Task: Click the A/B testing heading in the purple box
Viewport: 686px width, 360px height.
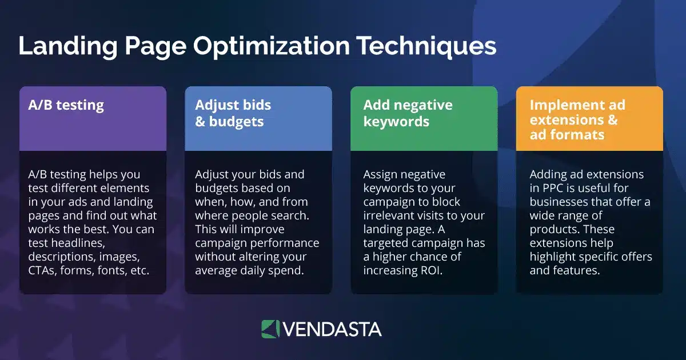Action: click(x=66, y=105)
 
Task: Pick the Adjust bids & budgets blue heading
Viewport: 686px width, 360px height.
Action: click(x=233, y=113)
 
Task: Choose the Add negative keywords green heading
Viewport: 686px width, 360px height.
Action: click(x=408, y=113)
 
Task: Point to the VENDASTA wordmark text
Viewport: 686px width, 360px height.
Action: click(x=332, y=329)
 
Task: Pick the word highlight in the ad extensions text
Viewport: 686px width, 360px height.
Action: click(x=554, y=257)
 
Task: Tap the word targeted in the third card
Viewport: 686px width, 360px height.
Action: click(x=386, y=243)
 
